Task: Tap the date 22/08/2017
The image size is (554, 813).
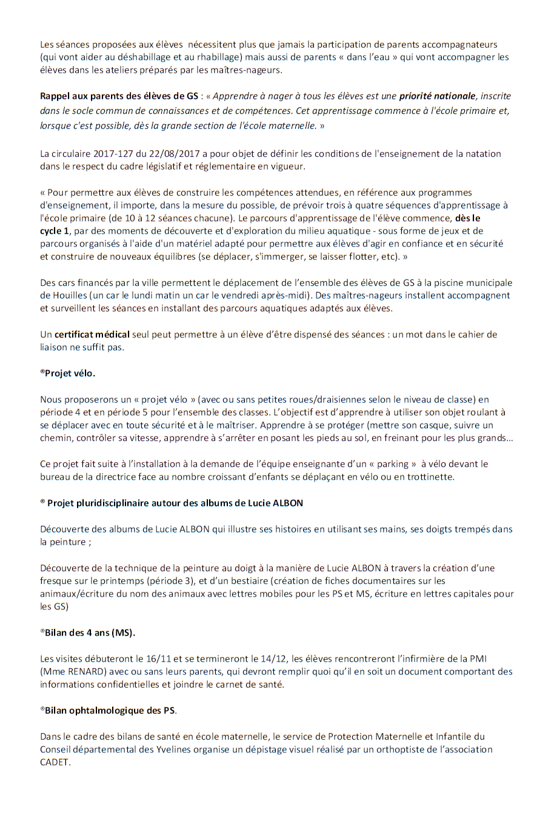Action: [181, 154]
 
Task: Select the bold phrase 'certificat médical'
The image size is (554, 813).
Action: [92, 334]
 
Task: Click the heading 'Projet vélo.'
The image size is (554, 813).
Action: [70, 374]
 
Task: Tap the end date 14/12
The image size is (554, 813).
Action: [267, 659]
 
